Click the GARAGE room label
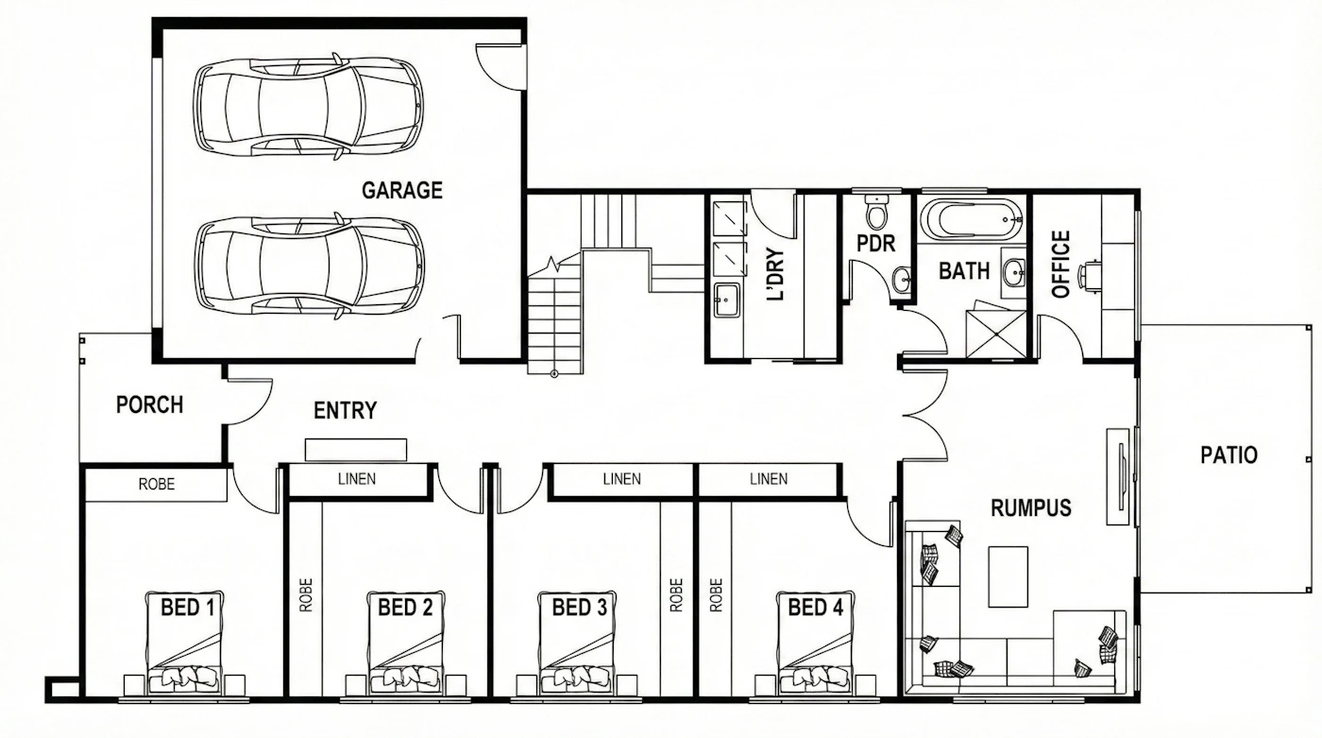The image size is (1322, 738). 402,190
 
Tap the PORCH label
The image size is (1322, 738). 149,405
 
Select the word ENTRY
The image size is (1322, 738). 345,410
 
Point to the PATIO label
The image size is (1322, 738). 1229,455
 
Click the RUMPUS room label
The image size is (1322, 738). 1030,508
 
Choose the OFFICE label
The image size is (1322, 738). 1061,264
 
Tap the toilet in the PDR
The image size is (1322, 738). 876,212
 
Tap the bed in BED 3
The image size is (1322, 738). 577,643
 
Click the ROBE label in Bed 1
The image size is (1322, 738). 157,485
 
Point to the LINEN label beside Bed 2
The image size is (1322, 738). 357,479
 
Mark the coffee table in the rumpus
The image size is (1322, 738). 1008,576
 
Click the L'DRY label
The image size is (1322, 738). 775,275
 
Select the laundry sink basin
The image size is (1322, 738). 726,300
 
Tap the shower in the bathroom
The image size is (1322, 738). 996,335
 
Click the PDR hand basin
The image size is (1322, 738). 901,280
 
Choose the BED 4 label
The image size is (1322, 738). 816,608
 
